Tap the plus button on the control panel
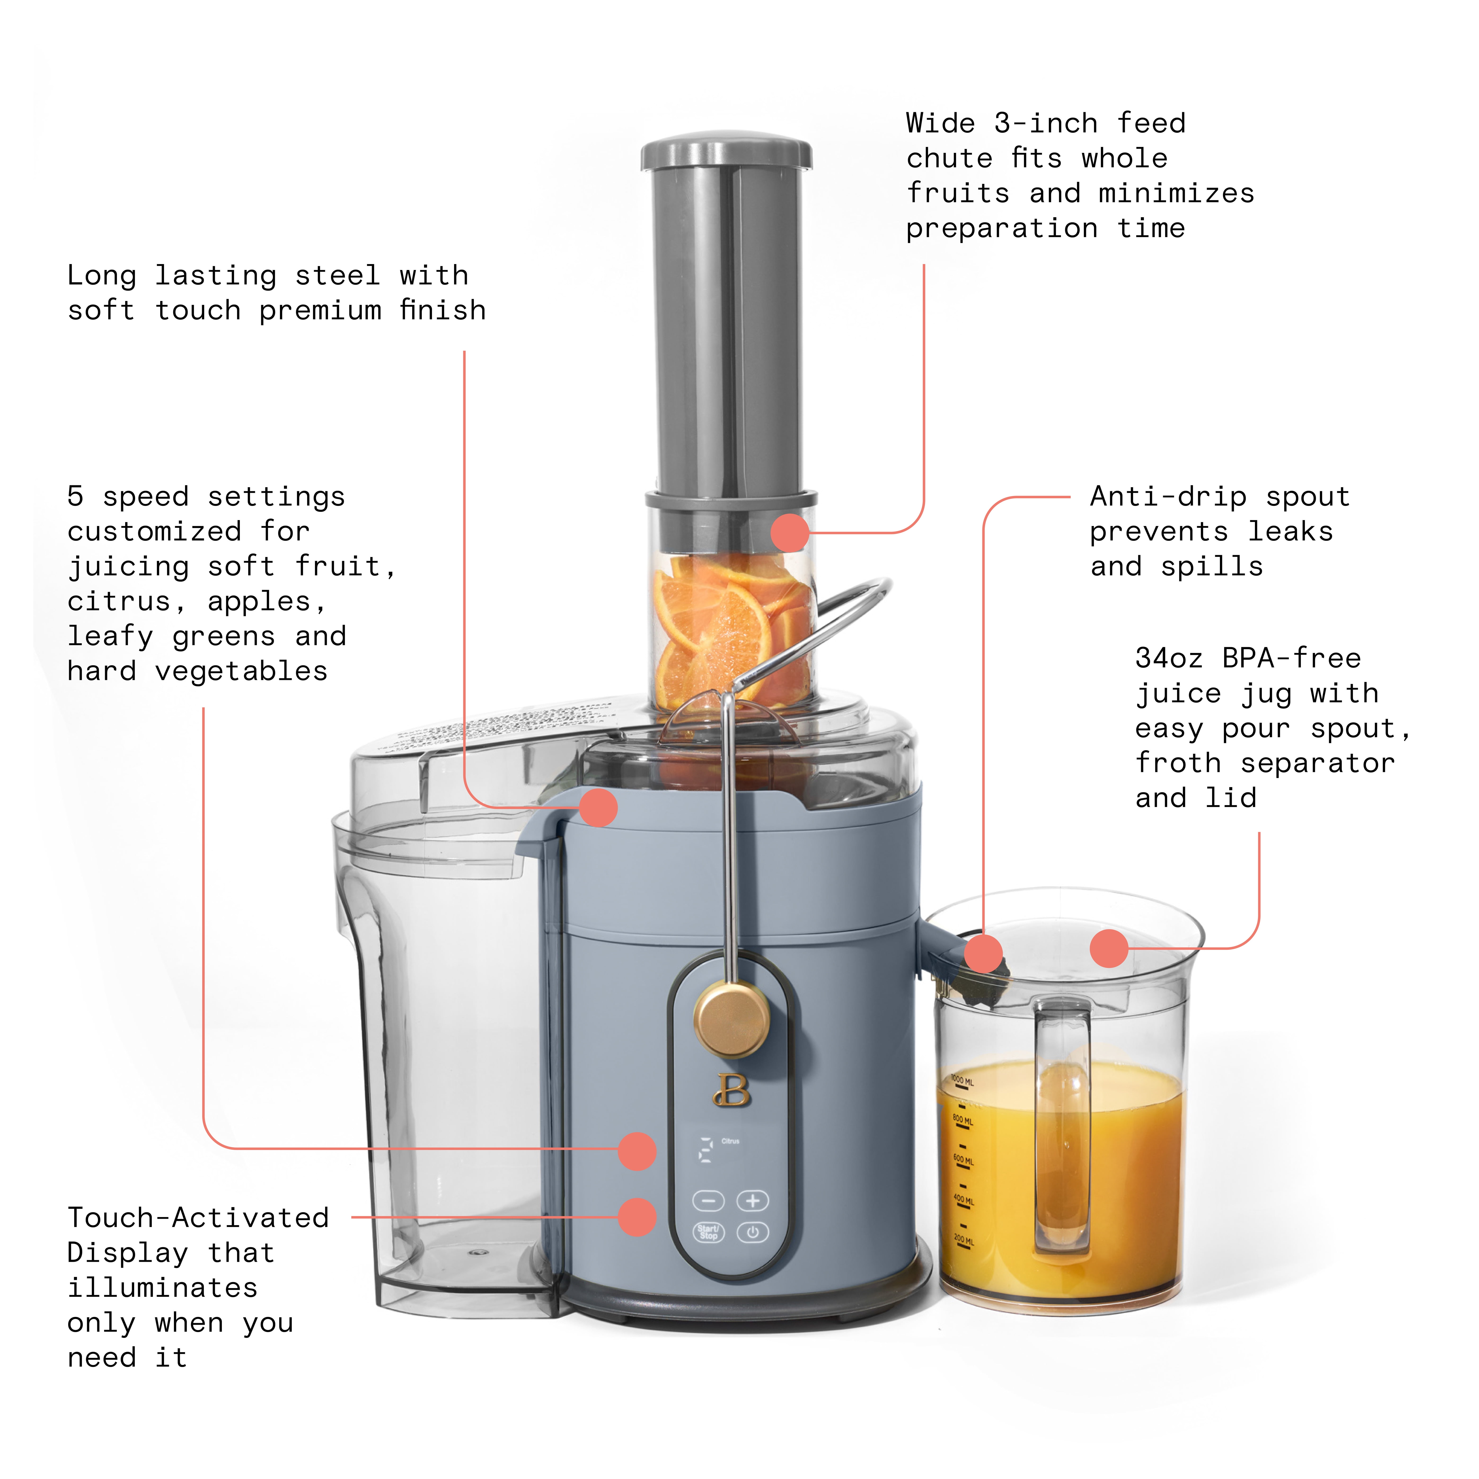(x=753, y=1200)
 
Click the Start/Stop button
(x=708, y=1232)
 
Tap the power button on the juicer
(x=753, y=1232)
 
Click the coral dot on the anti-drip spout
(x=983, y=953)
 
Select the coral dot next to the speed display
(x=637, y=1151)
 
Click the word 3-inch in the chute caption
(x=1045, y=123)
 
